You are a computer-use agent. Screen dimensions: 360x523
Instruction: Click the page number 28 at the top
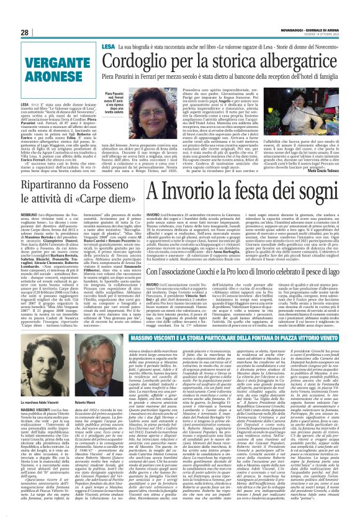click(x=25, y=32)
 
